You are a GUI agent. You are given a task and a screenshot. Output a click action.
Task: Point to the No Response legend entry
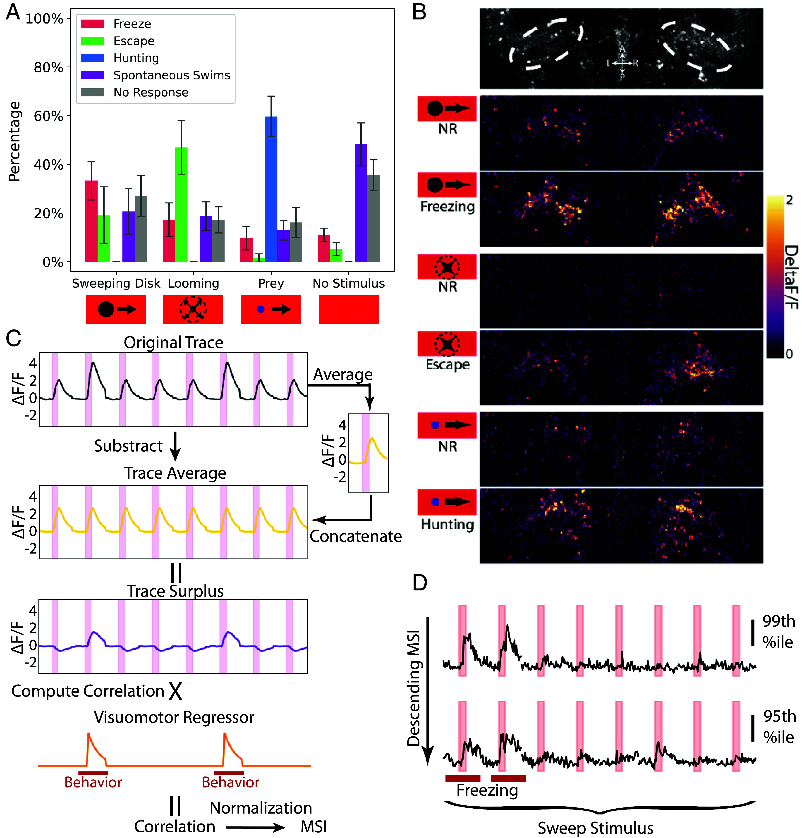click(x=151, y=92)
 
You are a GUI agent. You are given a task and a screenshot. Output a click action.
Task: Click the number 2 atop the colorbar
click(x=789, y=200)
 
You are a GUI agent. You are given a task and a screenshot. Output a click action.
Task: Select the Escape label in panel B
click(x=447, y=365)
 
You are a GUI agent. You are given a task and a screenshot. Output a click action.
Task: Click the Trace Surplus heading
click(x=175, y=591)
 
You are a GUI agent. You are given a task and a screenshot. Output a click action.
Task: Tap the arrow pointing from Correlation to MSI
click(x=255, y=828)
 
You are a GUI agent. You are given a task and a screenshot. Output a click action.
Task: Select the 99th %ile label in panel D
click(x=778, y=632)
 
